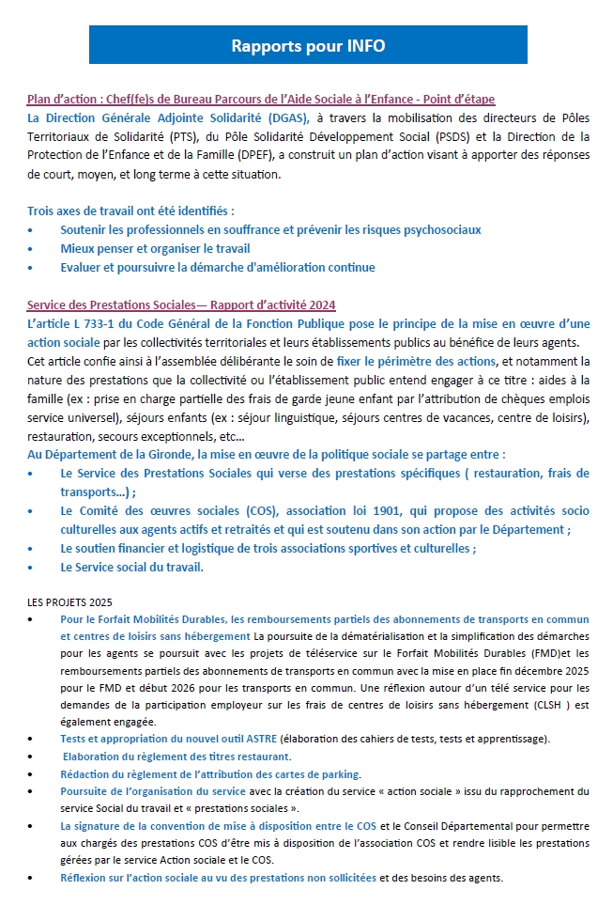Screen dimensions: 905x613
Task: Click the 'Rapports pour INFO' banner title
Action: pos(308,45)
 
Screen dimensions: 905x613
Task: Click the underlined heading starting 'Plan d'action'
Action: pos(261,99)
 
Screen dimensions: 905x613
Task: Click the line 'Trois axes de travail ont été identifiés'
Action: pos(130,211)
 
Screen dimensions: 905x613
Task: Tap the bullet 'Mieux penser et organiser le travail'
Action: pos(155,248)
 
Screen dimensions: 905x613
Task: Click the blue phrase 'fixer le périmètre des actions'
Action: pos(415,361)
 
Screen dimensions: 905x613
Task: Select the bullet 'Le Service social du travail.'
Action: pos(131,567)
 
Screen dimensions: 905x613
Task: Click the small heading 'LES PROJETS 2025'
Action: pos(70,601)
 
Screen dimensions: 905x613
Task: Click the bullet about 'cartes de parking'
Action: pos(210,773)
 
